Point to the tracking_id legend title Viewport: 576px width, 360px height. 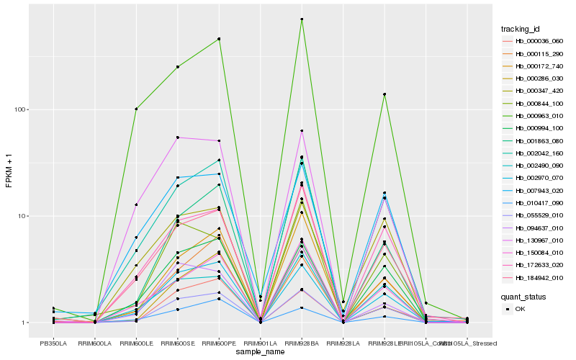[x=521, y=29]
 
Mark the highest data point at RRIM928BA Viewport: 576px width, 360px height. [x=302, y=19]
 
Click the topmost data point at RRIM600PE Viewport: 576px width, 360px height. [x=219, y=39]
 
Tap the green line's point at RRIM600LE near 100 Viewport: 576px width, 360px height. [x=136, y=109]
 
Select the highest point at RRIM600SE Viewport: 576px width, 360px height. [x=177, y=66]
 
